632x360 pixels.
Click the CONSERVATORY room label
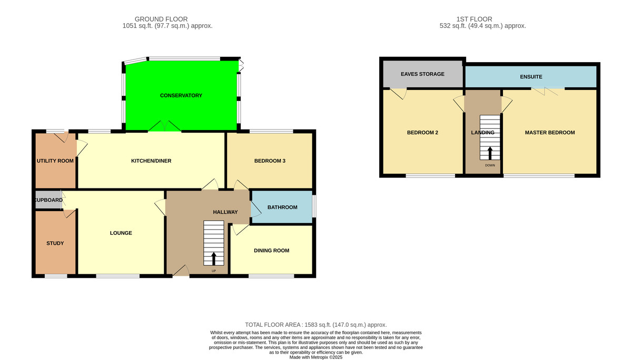click(181, 96)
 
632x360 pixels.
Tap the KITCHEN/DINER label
click(151, 161)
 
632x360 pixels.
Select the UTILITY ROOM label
click(55, 161)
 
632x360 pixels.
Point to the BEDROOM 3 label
click(270, 161)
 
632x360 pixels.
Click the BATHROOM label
click(282, 207)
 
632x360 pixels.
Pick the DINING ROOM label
click(271, 251)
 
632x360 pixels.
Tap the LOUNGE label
click(121, 233)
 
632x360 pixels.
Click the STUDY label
click(55, 243)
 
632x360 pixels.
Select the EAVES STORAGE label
click(422, 74)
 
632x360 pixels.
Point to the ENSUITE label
click(531, 77)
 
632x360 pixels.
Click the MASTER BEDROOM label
click(550, 133)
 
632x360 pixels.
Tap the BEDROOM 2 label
click(422, 133)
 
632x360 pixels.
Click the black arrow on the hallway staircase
click(214, 258)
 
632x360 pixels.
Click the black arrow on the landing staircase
click(490, 153)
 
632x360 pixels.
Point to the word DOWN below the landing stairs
click(490, 165)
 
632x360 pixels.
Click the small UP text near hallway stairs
click(214, 271)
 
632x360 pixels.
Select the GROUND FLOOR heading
click(161, 19)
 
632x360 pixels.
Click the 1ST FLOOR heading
click(475, 19)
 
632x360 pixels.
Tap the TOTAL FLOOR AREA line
click(315, 325)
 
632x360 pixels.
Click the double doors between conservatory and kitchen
click(165, 126)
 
